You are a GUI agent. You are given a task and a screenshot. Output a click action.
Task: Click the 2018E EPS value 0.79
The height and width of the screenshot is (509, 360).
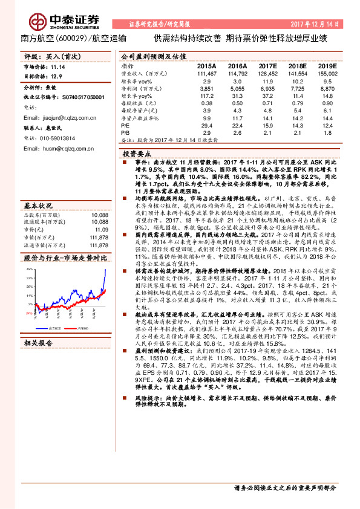pyautogui.click(x=298, y=103)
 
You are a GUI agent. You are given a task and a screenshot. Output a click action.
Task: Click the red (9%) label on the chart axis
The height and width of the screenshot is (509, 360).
pyautogui.click(x=28, y=313)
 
